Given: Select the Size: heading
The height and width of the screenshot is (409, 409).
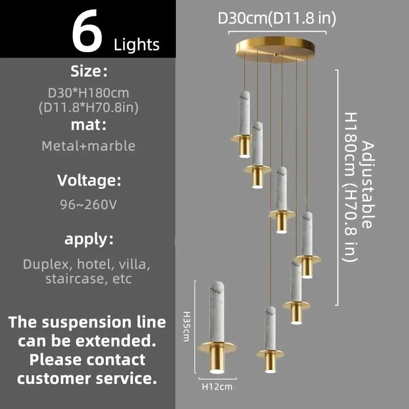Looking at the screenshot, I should [x=88, y=72].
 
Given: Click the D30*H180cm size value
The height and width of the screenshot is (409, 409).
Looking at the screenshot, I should [x=88, y=94].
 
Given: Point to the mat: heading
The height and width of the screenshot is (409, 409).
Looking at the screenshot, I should [x=88, y=124].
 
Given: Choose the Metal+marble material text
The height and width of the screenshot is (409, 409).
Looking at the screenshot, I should [x=88, y=146].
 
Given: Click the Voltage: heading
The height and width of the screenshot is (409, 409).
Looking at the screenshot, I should [x=88, y=180].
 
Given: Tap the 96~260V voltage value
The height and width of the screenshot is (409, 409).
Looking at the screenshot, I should [x=88, y=204].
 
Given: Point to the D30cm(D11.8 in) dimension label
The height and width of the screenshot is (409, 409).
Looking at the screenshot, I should [x=277, y=18].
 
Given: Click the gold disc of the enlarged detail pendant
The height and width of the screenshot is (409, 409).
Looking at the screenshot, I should [x=218, y=348].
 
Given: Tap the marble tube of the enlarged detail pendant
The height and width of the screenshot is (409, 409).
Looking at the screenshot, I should [x=218, y=309].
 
